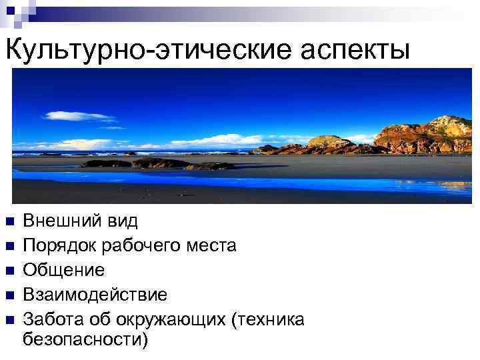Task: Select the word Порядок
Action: tap(59, 246)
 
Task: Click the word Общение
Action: tap(63, 271)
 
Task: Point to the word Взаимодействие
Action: tap(95, 295)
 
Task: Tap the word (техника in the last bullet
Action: tap(267, 320)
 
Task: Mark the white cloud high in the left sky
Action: tap(77, 116)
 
